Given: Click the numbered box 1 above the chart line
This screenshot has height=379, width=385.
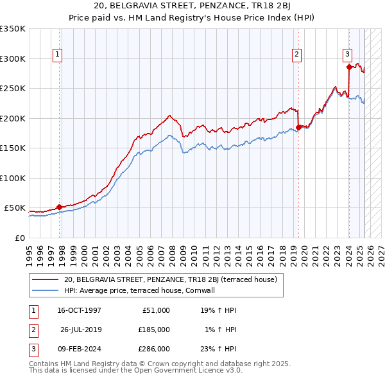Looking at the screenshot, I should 57,55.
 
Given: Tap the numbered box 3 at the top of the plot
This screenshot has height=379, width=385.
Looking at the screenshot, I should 347,55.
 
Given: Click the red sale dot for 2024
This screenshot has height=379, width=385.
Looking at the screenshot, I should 348,67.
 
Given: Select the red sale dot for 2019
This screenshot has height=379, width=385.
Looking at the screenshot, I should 299,127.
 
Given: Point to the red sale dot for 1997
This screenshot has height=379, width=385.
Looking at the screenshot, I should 59,207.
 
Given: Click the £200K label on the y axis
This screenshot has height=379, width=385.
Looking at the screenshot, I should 13,118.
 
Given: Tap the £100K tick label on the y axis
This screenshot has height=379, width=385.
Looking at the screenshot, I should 13,178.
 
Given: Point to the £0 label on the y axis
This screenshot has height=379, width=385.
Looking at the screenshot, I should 19,238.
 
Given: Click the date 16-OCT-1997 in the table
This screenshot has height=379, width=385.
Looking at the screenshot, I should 80,310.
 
